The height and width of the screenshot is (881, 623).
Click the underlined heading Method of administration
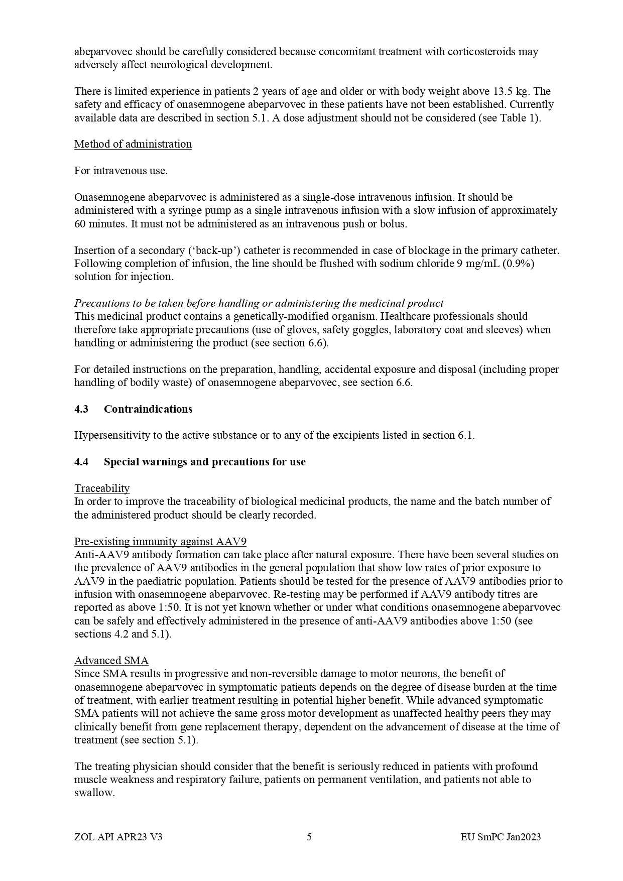click(x=133, y=144)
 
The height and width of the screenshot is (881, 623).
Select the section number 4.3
click(x=81, y=409)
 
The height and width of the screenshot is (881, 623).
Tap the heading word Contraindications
click(x=148, y=409)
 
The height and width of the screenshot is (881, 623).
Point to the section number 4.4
click(x=81, y=462)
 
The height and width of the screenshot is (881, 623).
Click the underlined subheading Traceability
click(x=102, y=488)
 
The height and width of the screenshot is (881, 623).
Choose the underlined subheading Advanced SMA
click(x=111, y=661)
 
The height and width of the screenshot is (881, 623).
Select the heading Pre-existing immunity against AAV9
click(x=160, y=542)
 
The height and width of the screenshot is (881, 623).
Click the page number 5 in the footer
click(x=309, y=837)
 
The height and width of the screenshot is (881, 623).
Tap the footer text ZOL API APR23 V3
click(x=118, y=837)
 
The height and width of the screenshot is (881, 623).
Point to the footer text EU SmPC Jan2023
click(x=501, y=837)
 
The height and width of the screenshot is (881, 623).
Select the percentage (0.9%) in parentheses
click(x=518, y=264)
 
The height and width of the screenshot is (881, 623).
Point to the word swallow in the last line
click(x=93, y=793)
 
